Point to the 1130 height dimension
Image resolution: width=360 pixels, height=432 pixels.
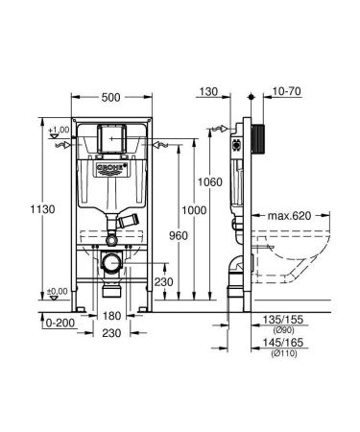33,208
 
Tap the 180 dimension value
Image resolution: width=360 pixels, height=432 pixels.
113,314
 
